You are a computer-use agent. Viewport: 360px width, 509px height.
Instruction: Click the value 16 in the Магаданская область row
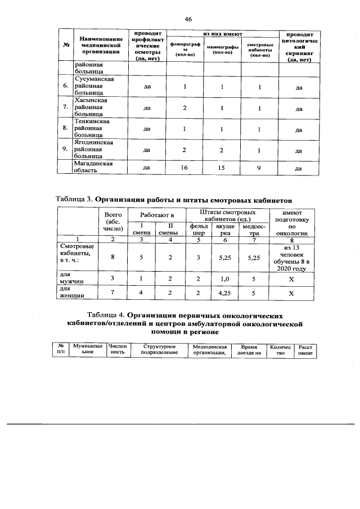pyautogui.click(x=183, y=168)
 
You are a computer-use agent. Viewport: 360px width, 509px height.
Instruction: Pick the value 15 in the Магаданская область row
pyautogui.click(x=222, y=168)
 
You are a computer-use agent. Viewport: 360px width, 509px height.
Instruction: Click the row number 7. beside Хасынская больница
pyautogui.click(x=66, y=107)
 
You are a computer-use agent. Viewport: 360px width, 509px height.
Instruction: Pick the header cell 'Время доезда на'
pyautogui.click(x=247, y=350)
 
